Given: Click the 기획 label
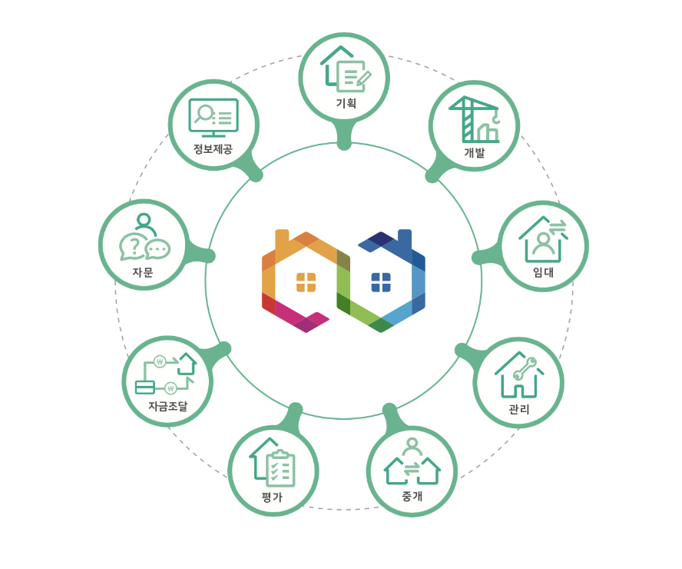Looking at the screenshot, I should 346,103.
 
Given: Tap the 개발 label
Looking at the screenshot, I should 474,152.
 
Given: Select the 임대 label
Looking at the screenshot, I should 543,272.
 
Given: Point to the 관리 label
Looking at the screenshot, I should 518,409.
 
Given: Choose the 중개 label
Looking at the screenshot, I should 412,496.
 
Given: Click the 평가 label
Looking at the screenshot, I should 272,497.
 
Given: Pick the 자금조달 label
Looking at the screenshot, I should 167,406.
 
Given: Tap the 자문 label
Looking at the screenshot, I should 143,272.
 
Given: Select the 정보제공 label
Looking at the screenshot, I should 213,148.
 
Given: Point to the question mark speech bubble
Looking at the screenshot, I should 134,246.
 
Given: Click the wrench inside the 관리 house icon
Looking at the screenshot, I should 525,369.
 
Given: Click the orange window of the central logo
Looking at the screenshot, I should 306,282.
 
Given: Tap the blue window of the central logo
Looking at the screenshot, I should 381,282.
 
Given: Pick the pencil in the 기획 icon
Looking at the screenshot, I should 363,78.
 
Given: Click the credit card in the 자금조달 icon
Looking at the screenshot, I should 145,387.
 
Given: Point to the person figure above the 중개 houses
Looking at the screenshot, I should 412,446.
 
